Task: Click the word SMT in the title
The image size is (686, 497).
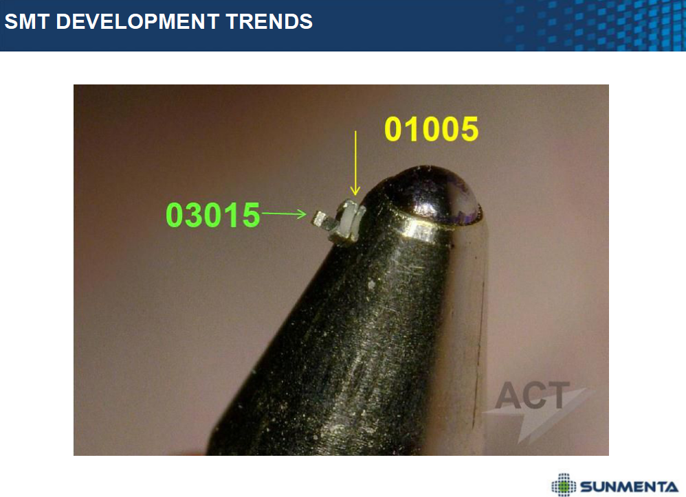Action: [26, 21]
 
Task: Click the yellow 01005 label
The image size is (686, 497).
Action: [432, 129]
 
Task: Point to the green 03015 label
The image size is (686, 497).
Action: [213, 215]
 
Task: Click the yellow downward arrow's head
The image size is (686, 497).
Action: [355, 190]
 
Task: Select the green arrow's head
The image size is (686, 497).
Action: [301, 214]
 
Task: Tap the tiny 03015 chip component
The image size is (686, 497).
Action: [320, 219]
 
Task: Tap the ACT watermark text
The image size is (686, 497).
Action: [533, 395]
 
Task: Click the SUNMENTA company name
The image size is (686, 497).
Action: [630, 486]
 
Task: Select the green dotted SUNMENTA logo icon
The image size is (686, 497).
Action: [564, 485]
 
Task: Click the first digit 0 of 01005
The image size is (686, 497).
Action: [394, 129]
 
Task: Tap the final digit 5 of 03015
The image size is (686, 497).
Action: [251, 216]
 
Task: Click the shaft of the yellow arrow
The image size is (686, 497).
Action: [355, 159]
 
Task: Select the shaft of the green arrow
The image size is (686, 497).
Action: [280, 213]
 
